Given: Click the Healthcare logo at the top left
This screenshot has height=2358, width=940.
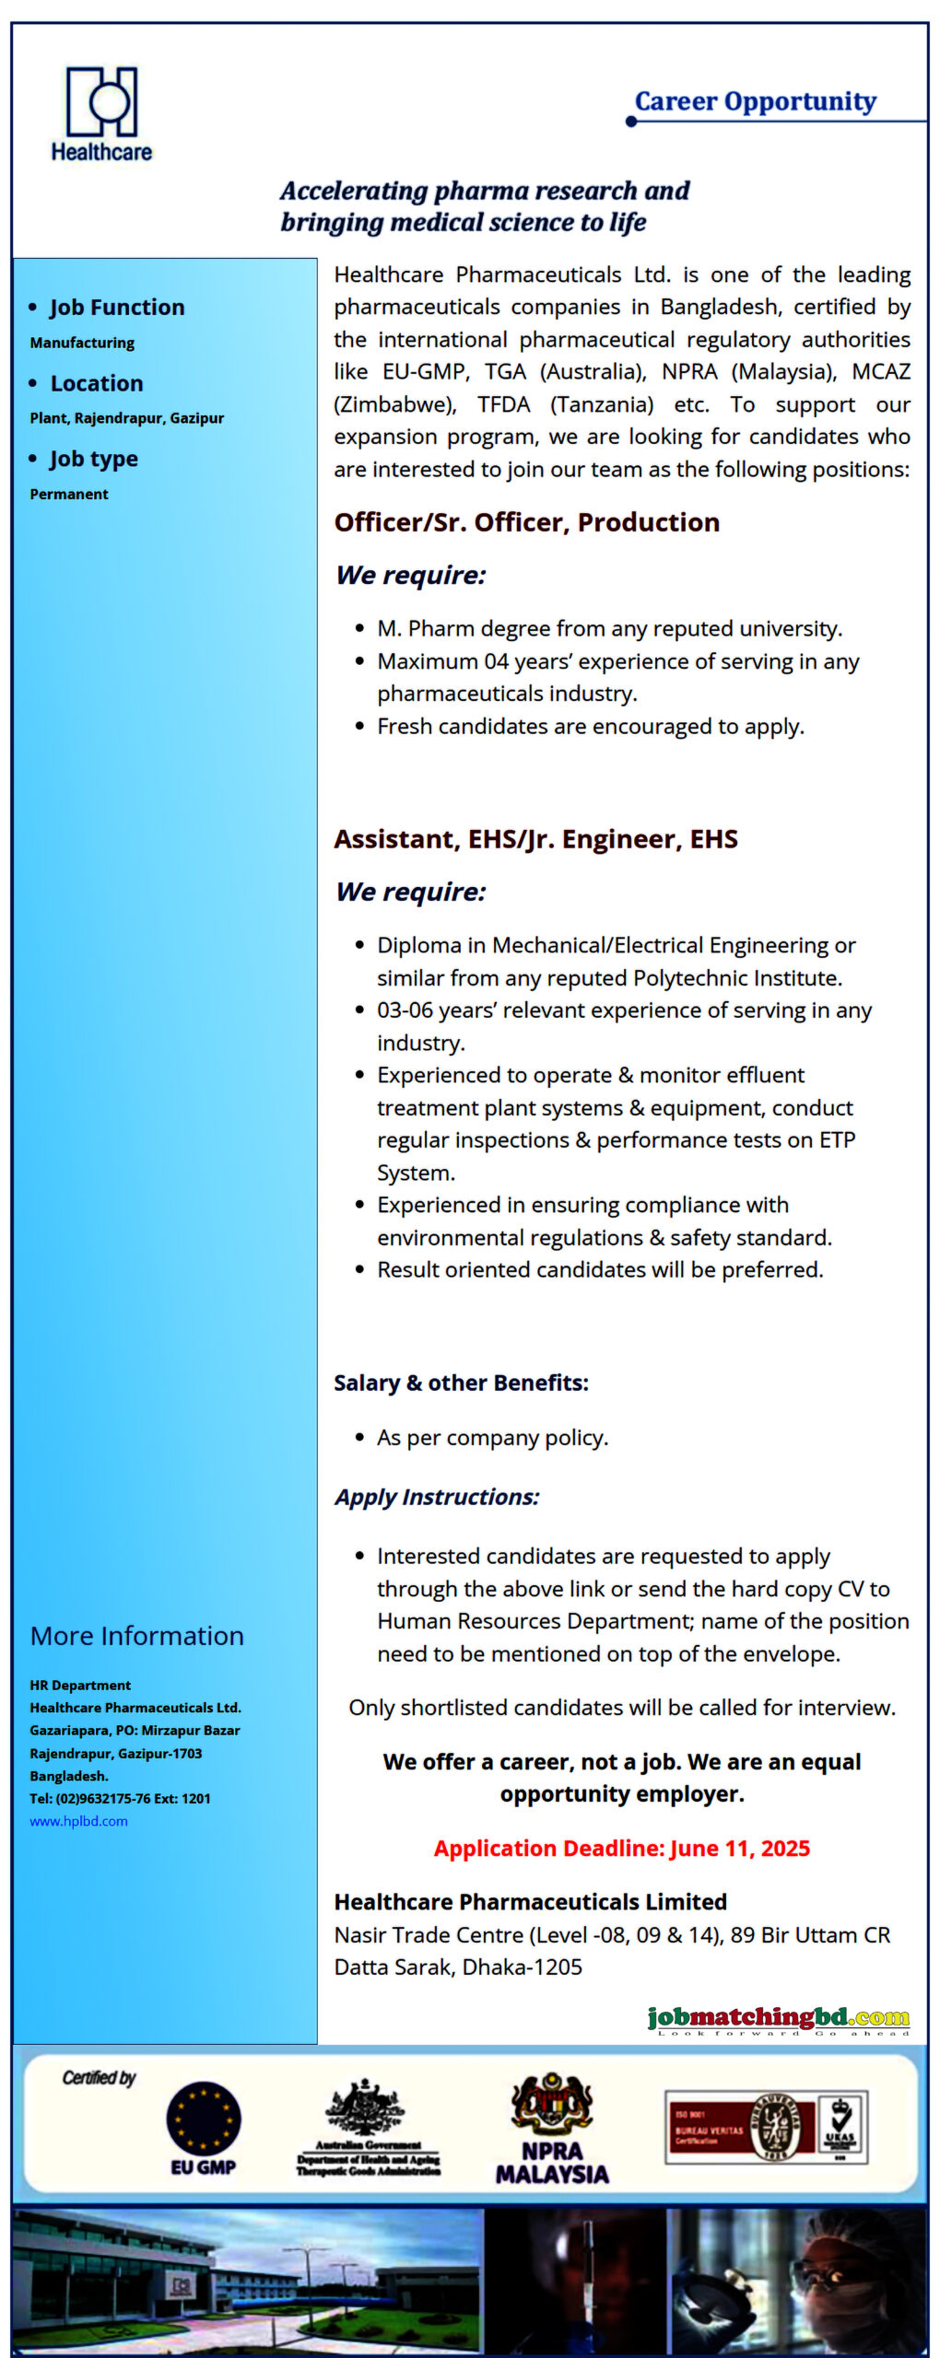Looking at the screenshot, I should [101, 113].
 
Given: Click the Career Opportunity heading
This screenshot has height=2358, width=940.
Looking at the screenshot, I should [755, 101].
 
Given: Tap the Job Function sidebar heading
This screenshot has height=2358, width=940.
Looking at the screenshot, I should [116, 308].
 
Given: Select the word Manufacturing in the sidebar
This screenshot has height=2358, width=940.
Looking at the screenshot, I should [82, 343].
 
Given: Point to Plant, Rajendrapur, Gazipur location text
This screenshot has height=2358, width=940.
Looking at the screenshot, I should [126, 418].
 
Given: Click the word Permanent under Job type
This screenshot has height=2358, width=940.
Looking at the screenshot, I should [69, 495].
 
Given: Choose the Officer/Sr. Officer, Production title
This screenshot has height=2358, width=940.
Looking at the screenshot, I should [526, 522].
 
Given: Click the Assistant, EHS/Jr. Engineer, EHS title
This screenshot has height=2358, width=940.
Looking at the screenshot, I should [535, 839].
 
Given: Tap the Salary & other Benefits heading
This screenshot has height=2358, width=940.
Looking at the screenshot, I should [461, 1383].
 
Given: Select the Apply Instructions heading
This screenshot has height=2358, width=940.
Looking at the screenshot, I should [437, 1497].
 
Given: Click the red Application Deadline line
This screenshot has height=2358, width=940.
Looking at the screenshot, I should [621, 1849].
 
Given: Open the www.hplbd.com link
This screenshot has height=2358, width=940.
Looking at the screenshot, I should [78, 1821].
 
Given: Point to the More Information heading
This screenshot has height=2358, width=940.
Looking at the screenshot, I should [137, 1636].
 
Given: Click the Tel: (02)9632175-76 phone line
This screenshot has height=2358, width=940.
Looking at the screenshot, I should [120, 1798].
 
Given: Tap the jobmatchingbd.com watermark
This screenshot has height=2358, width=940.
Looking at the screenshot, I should [778, 2018].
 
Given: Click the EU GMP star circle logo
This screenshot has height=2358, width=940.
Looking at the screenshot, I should [204, 2119].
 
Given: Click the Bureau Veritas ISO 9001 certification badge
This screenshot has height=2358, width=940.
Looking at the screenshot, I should [766, 2127].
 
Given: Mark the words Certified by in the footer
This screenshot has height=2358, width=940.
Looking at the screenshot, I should [99, 2078].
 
